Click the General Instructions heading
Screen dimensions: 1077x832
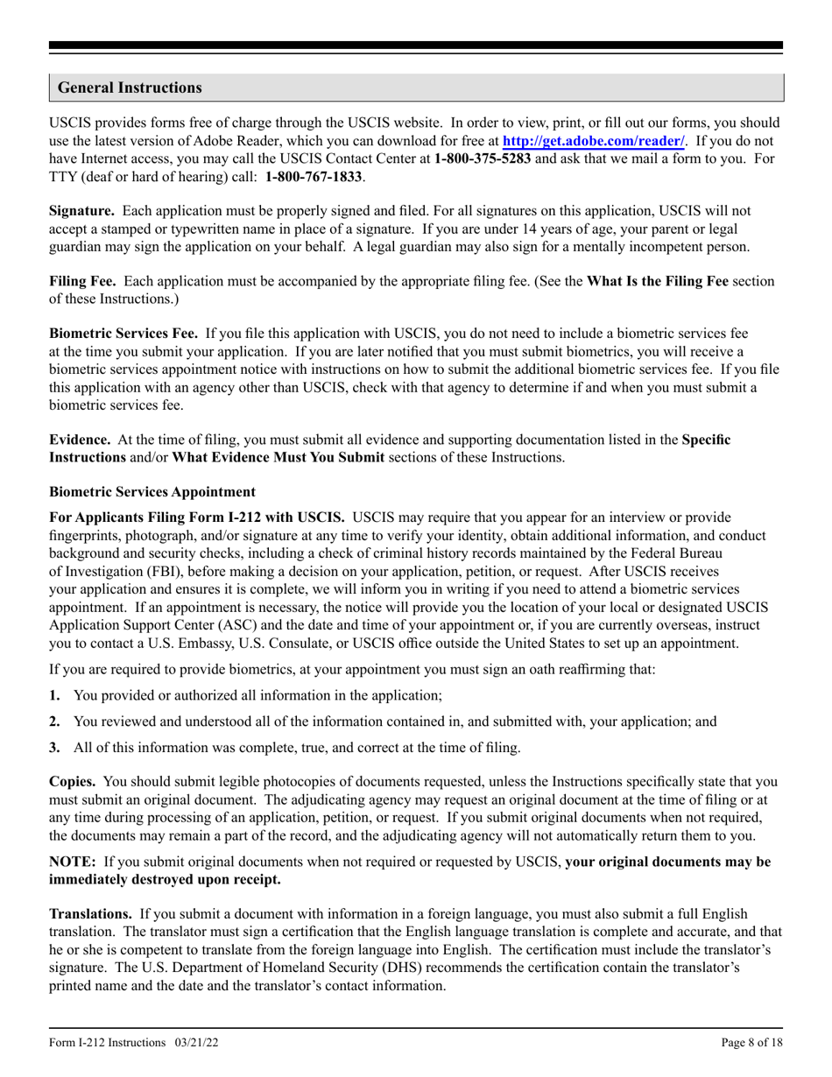tap(130, 88)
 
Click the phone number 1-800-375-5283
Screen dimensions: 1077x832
tap(482, 159)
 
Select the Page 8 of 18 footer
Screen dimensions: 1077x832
tap(752, 1043)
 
